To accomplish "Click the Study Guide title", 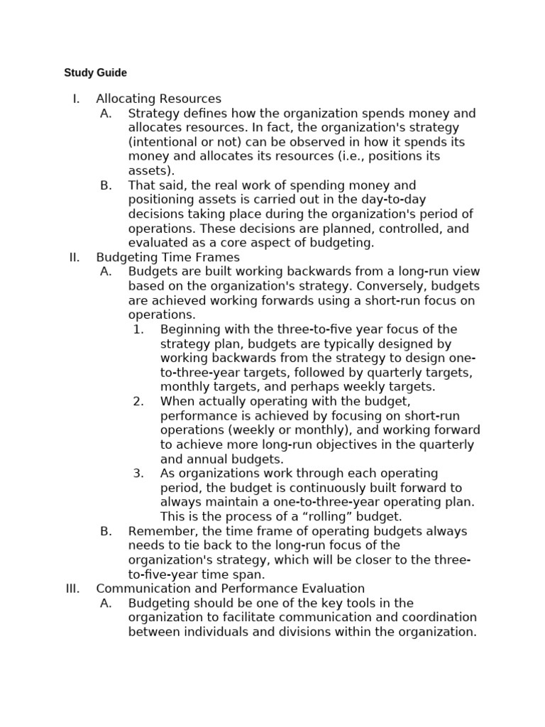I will (x=95, y=72).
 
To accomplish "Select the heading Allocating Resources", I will (x=158, y=99).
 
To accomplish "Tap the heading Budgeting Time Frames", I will (x=167, y=257).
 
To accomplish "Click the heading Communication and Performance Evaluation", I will (x=230, y=589).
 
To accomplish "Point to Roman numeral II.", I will (x=75, y=257).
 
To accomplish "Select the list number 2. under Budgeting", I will (x=138, y=402).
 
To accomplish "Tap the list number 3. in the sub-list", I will (x=138, y=474).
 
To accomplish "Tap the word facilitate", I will (x=265, y=618).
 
